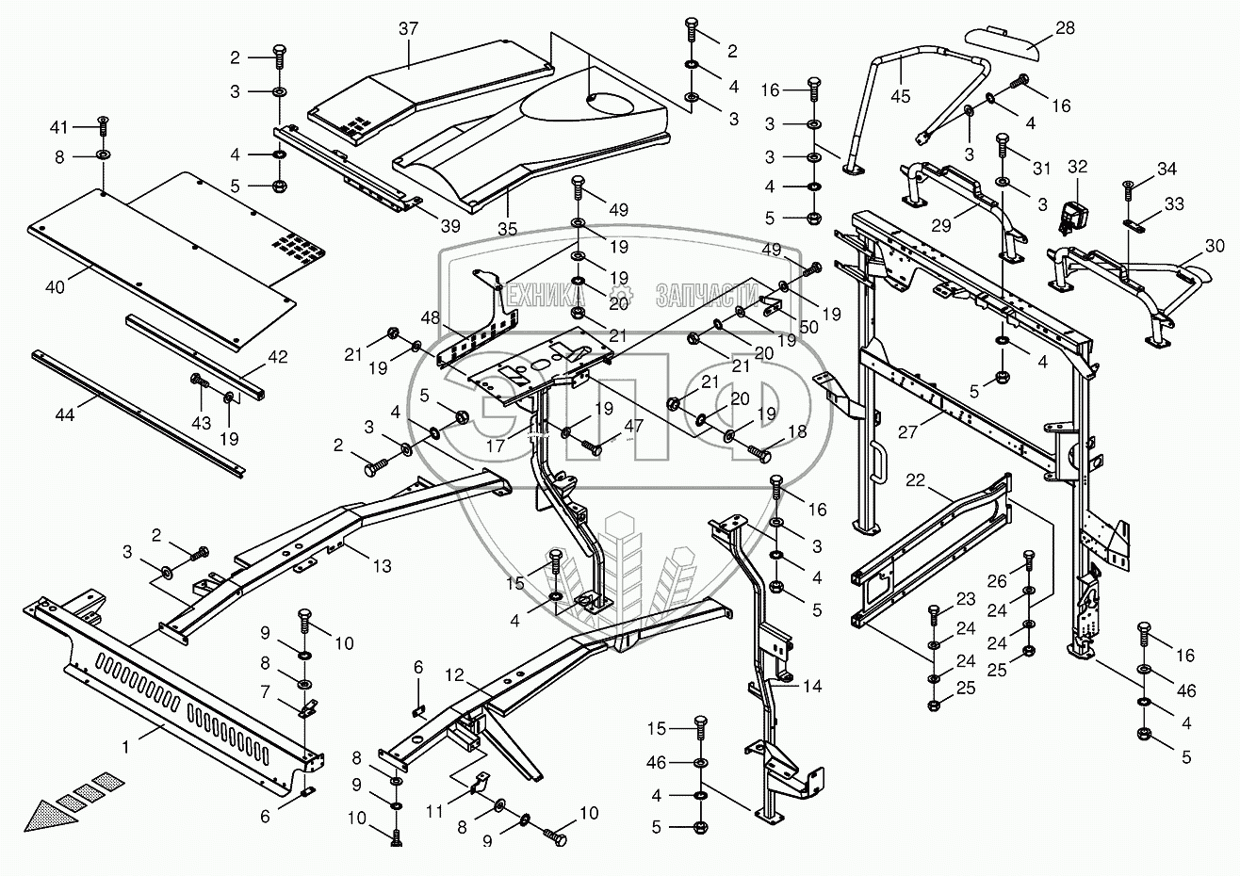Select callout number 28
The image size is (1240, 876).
(1065, 28)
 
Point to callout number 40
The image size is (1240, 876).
(55, 287)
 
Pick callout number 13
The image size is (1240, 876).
(382, 567)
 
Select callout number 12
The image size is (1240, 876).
(455, 675)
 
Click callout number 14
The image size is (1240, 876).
(812, 687)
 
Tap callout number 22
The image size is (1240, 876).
(915, 480)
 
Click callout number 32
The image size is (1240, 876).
(1078, 167)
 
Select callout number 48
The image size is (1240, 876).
(432, 317)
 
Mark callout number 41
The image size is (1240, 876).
(59, 127)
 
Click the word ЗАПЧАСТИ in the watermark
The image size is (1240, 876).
(698, 295)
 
